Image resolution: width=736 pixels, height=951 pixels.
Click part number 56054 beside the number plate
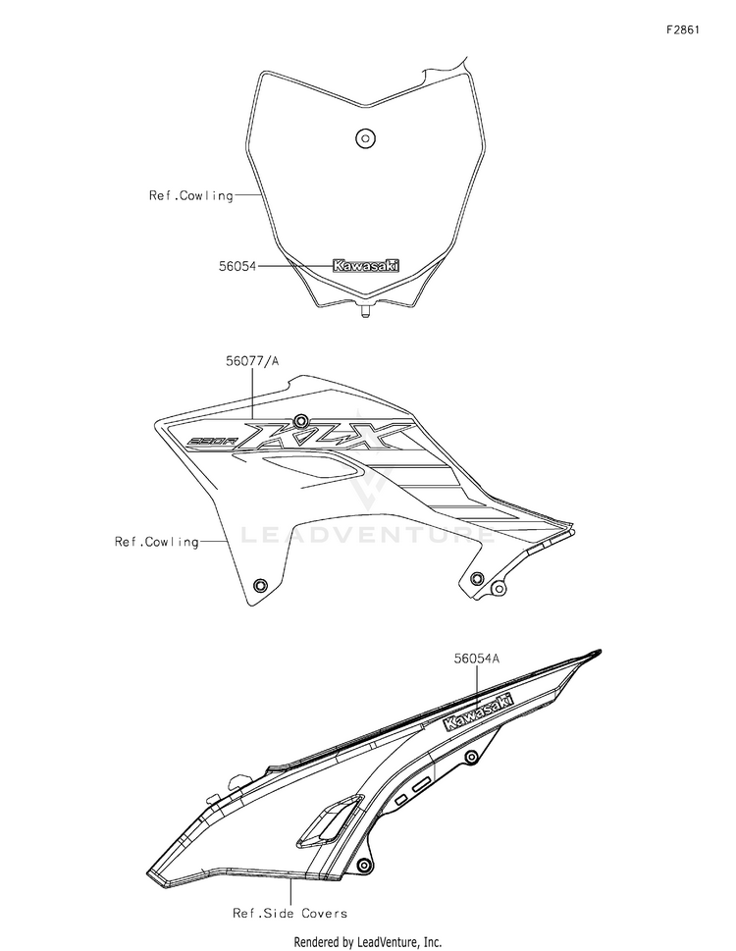[x=237, y=265]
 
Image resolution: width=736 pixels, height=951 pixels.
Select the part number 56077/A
[x=253, y=361]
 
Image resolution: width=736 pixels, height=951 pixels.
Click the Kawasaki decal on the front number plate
[x=367, y=265]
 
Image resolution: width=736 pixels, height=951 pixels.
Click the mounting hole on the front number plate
[x=365, y=137]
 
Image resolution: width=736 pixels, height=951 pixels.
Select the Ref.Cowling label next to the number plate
[x=191, y=195]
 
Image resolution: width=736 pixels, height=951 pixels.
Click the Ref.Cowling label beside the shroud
[x=157, y=541]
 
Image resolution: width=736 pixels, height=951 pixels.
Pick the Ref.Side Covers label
[x=289, y=913]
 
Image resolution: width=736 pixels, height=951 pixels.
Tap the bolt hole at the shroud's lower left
[x=259, y=586]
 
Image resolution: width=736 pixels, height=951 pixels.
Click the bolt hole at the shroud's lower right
[x=478, y=577]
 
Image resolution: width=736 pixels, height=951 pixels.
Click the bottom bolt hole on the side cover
[x=363, y=865]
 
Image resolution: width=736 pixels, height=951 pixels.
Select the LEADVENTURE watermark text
[x=368, y=535]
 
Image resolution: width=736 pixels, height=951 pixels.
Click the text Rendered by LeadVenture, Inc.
[x=368, y=941]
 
